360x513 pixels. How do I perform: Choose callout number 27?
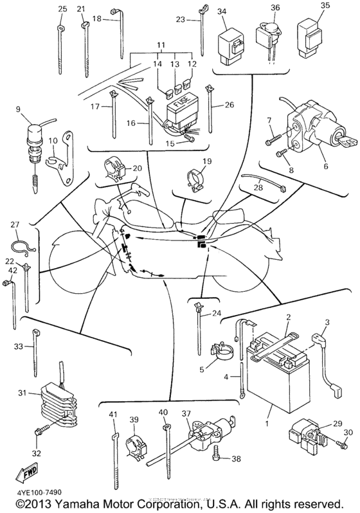pyautogui.click(x=15, y=224)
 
